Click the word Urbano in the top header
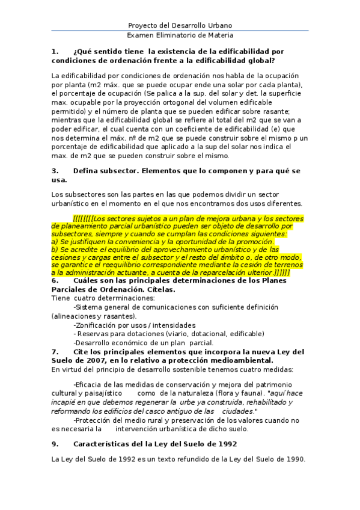pos(219,25)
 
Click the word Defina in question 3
pos(85,171)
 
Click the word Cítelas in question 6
pos(160,290)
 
